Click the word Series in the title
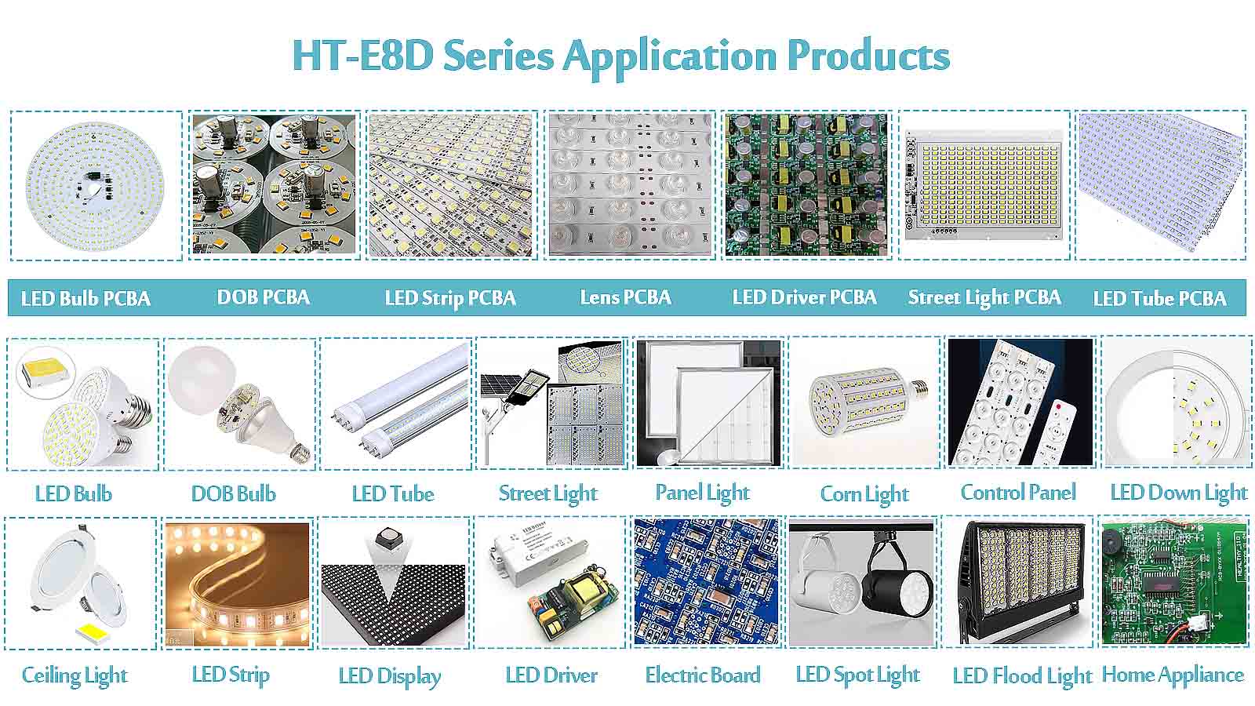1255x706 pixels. tap(498, 56)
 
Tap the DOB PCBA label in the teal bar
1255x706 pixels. tap(264, 297)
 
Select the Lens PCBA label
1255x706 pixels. tap(625, 297)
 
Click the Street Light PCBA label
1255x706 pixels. tap(984, 297)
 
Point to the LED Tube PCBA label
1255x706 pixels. tap(1160, 298)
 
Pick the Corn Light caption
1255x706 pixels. tap(864, 493)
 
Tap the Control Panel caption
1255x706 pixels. tap(1018, 493)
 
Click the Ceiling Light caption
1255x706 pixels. tap(75, 675)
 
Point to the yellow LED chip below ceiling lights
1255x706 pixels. tap(93, 632)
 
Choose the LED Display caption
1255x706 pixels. tap(389, 676)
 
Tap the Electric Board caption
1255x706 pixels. tap(703, 675)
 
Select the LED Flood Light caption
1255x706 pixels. tap(1023, 676)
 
